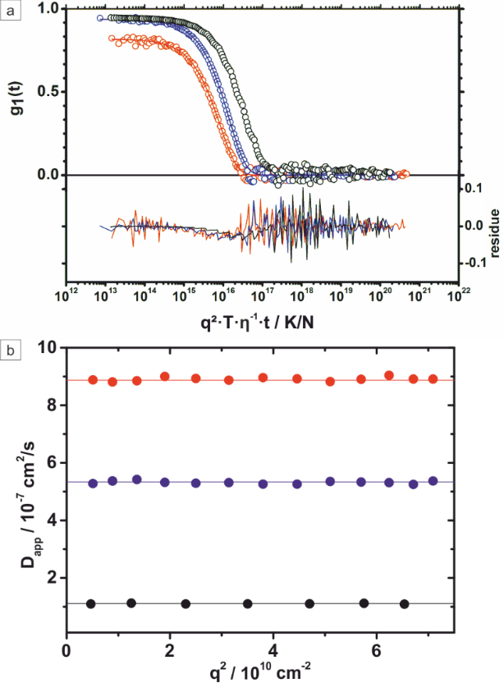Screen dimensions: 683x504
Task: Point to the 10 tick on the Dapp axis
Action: (48, 348)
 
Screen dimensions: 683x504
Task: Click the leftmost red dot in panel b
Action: (93, 380)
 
